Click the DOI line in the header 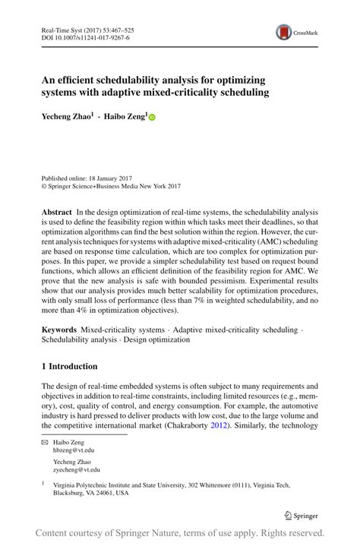pos(84,36)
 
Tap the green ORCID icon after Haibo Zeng pos(151,117)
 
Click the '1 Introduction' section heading pos(69,366)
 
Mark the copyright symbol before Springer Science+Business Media pos(44,185)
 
